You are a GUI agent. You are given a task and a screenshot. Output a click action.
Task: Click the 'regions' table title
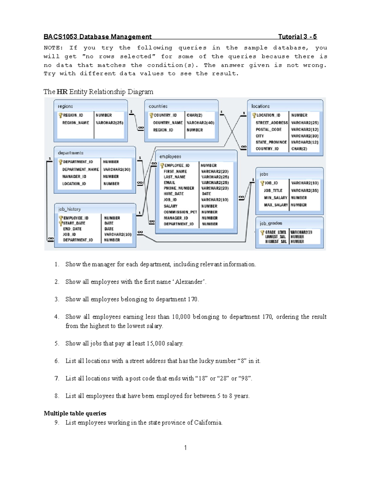point(65,106)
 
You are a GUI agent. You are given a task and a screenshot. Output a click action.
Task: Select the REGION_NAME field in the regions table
point(75,123)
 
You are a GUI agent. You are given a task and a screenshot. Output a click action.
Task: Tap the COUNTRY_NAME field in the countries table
point(168,123)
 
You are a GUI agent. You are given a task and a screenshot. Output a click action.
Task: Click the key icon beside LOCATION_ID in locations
point(254,115)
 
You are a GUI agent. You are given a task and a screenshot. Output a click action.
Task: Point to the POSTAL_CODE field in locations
point(268,129)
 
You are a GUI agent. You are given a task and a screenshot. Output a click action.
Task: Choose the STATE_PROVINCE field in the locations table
point(271,142)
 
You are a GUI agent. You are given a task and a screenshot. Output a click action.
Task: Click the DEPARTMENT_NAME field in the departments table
point(80,169)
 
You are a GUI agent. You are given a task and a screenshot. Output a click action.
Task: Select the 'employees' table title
point(170,157)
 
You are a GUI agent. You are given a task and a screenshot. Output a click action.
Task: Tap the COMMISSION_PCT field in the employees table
point(180,212)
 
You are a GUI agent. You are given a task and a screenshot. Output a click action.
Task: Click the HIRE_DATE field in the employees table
point(173,194)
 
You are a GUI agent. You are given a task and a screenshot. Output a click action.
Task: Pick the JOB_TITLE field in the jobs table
point(273,190)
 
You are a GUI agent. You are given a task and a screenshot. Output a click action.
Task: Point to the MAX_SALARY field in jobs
point(276,205)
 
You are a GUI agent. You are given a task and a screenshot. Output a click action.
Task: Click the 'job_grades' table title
point(271,223)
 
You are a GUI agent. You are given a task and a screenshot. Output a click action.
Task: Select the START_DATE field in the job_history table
point(74,223)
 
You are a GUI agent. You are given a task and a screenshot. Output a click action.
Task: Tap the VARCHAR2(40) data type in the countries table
point(200,123)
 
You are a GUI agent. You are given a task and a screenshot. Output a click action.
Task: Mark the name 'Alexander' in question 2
point(189,282)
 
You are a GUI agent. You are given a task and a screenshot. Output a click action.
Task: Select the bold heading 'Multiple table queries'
point(75,413)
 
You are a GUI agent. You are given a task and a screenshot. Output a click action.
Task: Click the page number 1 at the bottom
point(185,448)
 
